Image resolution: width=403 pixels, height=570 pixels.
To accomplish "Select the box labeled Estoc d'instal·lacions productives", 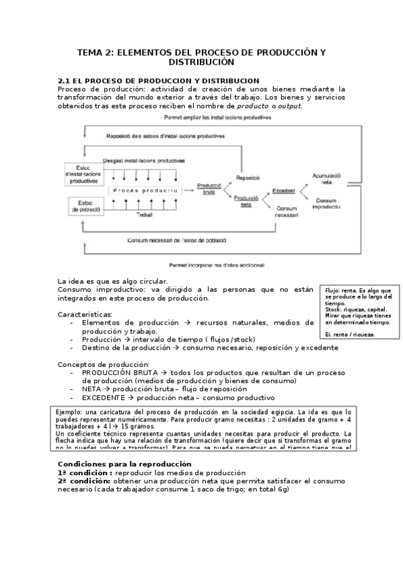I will click(83, 173).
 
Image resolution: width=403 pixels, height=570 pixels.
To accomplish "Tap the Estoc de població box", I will click(85, 206).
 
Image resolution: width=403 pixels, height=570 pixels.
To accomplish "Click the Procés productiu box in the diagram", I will click(145, 191).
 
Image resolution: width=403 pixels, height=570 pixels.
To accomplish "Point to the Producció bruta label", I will click(209, 188).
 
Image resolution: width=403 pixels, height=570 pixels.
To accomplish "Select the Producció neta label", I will click(246, 200).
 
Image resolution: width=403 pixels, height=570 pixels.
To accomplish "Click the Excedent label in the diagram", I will click(283, 191).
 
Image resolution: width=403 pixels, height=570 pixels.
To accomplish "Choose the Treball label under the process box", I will click(145, 214).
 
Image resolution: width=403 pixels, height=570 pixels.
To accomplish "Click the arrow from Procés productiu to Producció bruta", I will click(187, 191).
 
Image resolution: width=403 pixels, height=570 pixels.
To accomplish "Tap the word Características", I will click(84, 314).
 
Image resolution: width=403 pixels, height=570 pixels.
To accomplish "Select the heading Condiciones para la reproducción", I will click(124, 464).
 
